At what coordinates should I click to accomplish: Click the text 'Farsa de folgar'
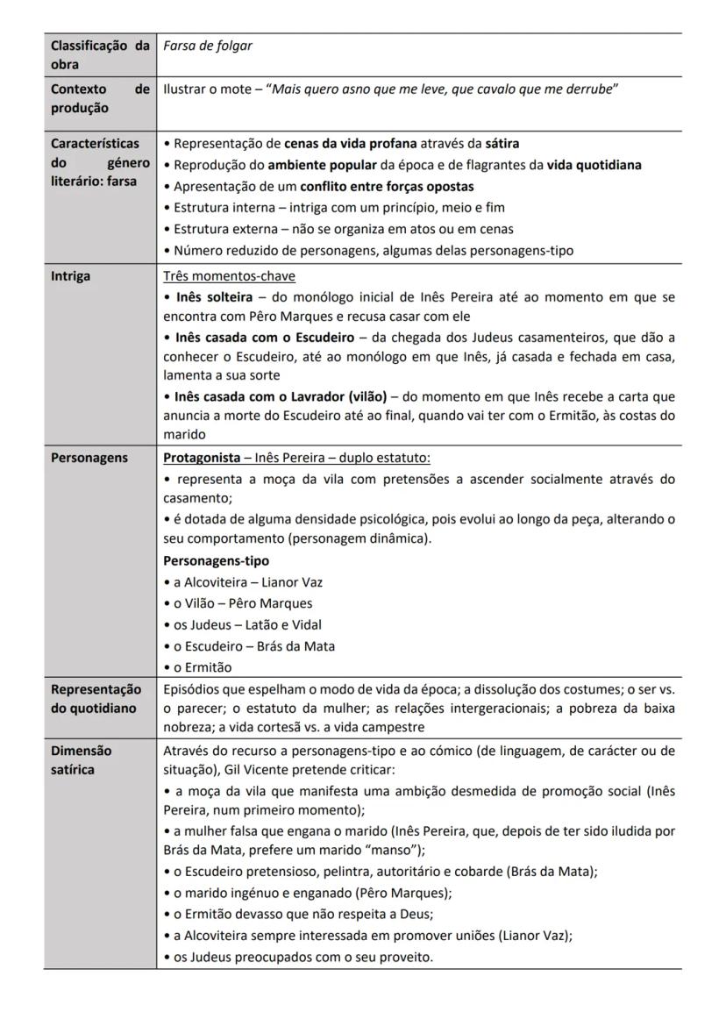208,46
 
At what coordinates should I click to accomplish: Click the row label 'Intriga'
70,276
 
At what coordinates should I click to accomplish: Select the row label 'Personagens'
89,458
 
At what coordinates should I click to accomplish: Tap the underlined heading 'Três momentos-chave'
229,276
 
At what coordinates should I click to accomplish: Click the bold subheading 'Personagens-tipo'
217,560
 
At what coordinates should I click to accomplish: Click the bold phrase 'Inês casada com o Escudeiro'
265,338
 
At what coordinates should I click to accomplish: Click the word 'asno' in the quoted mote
353,89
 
